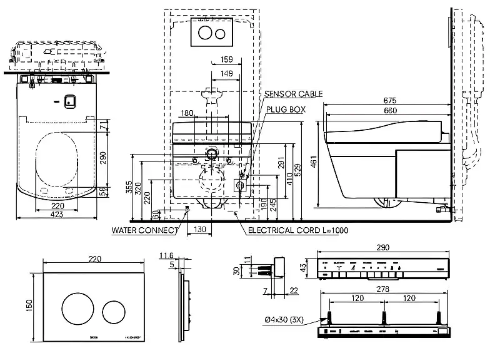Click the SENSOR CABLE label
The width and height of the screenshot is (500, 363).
[293, 94]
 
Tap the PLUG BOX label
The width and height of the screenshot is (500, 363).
[286, 109]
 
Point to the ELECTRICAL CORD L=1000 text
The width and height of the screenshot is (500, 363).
[298, 230]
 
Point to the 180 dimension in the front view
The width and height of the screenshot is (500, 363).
[186, 113]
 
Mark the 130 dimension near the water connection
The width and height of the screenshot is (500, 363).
[199, 230]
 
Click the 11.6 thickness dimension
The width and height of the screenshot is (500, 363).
[166, 255]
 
